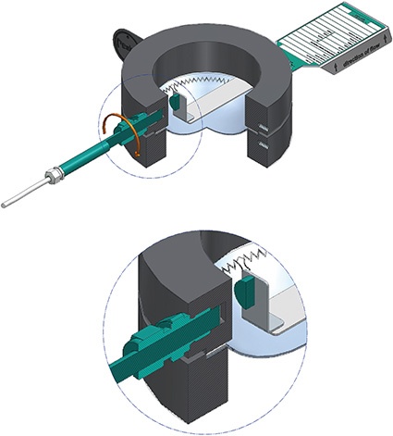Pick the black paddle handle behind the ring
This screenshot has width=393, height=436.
point(124,42)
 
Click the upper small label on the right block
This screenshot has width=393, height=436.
point(264,119)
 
